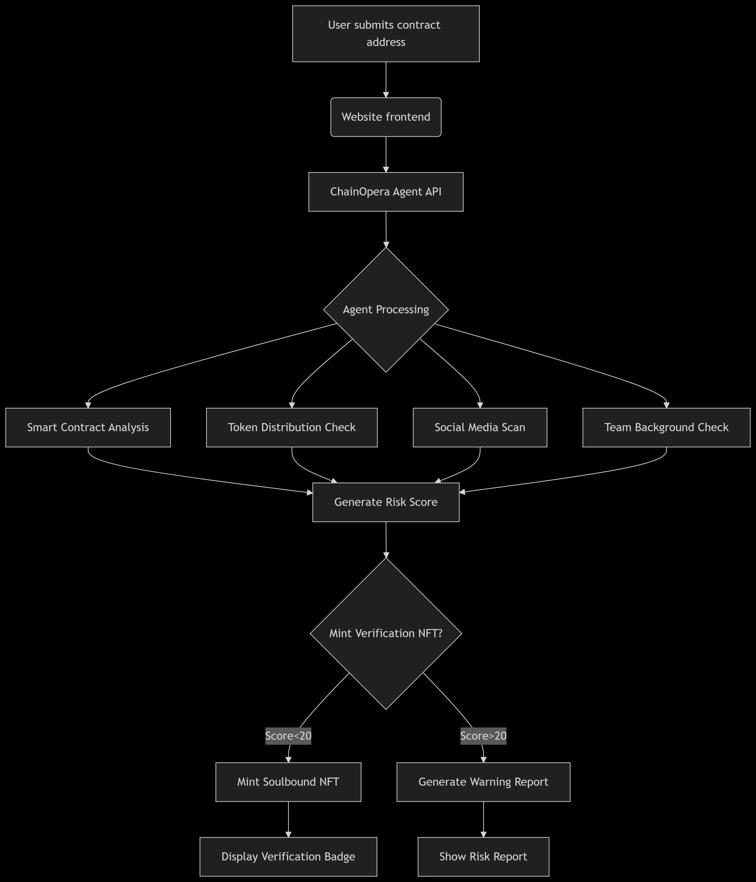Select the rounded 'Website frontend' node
(x=386, y=117)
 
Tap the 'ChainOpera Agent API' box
(x=386, y=192)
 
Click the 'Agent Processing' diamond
(x=386, y=309)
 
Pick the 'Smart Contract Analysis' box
(x=88, y=427)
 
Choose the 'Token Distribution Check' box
(x=292, y=427)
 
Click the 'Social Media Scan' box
(x=480, y=427)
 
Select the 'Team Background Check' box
(x=666, y=427)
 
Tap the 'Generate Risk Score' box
(x=386, y=502)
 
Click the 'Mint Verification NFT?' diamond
(x=386, y=633)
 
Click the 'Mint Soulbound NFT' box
(x=288, y=782)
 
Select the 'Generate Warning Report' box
(x=483, y=782)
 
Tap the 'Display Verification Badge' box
(x=288, y=856)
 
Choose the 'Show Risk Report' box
(x=483, y=856)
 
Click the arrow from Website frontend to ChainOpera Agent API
(x=386, y=154)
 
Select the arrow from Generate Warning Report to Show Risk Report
(x=483, y=819)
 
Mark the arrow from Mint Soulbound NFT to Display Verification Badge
(x=288, y=819)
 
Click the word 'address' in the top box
(x=386, y=42)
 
